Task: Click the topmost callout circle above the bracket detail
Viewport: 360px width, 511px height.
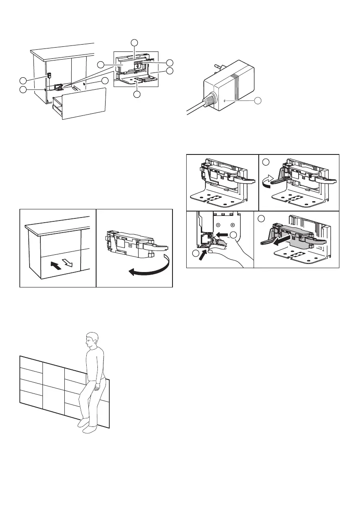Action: click(135, 42)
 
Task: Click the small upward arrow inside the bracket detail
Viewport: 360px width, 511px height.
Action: click(137, 67)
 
